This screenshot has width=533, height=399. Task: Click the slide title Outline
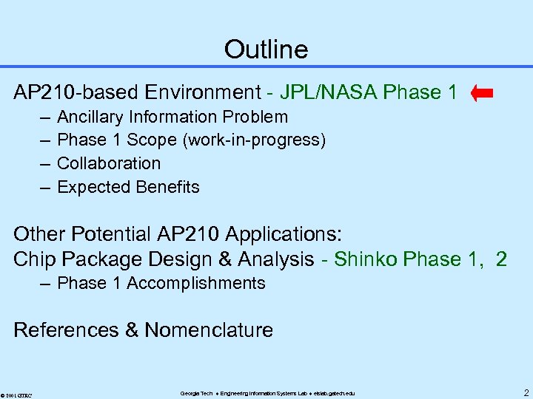(x=266, y=50)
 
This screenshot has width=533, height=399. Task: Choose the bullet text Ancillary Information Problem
(x=172, y=117)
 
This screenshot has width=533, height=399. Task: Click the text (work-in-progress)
(x=258, y=140)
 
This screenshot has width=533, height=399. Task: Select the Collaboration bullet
(x=109, y=163)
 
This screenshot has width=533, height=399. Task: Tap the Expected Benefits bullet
(x=128, y=187)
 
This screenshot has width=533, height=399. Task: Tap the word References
(x=67, y=330)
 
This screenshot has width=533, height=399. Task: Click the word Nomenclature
(x=209, y=330)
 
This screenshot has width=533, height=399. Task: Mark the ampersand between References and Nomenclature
(x=132, y=330)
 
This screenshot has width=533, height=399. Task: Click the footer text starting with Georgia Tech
(x=267, y=393)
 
